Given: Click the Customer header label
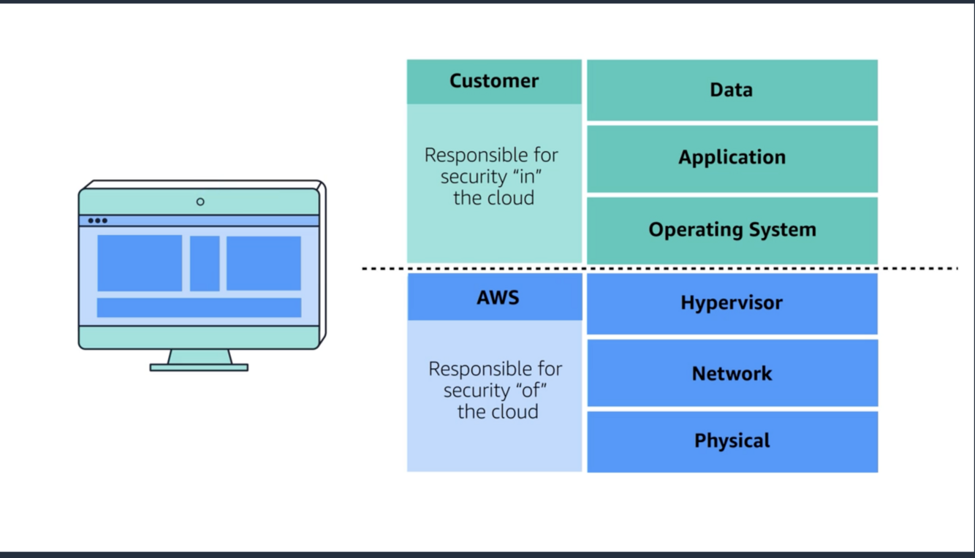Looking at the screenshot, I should pyautogui.click(x=494, y=81).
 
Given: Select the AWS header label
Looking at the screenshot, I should pyautogui.click(x=497, y=297).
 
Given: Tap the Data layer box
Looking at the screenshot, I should pyautogui.click(x=732, y=90).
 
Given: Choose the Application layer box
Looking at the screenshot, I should pyautogui.click(x=732, y=158).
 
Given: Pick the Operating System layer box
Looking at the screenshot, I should pyautogui.click(x=732, y=229).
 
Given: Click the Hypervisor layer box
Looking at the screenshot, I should pyautogui.click(x=732, y=303).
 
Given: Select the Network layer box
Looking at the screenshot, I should pyautogui.click(x=732, y=373).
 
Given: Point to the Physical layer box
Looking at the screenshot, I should pyautogui.click(x=732, y=441).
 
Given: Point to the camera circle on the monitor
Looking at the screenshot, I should pyautogui.click(x=200, y=202).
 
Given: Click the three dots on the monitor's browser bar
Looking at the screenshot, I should pyautogui.click(x=97, y=221).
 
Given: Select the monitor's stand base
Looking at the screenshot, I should pyautogui.click(x=199, y=367).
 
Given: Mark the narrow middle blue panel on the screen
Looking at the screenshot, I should pyautogui.click(x=205, y=263).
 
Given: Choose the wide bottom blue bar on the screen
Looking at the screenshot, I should pyautogui.click(x=199, y=307).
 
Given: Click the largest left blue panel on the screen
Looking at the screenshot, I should pyautogui.click(x=140, y=263).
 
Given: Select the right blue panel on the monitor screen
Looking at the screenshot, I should pyautogui.click(x=263, y=263).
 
